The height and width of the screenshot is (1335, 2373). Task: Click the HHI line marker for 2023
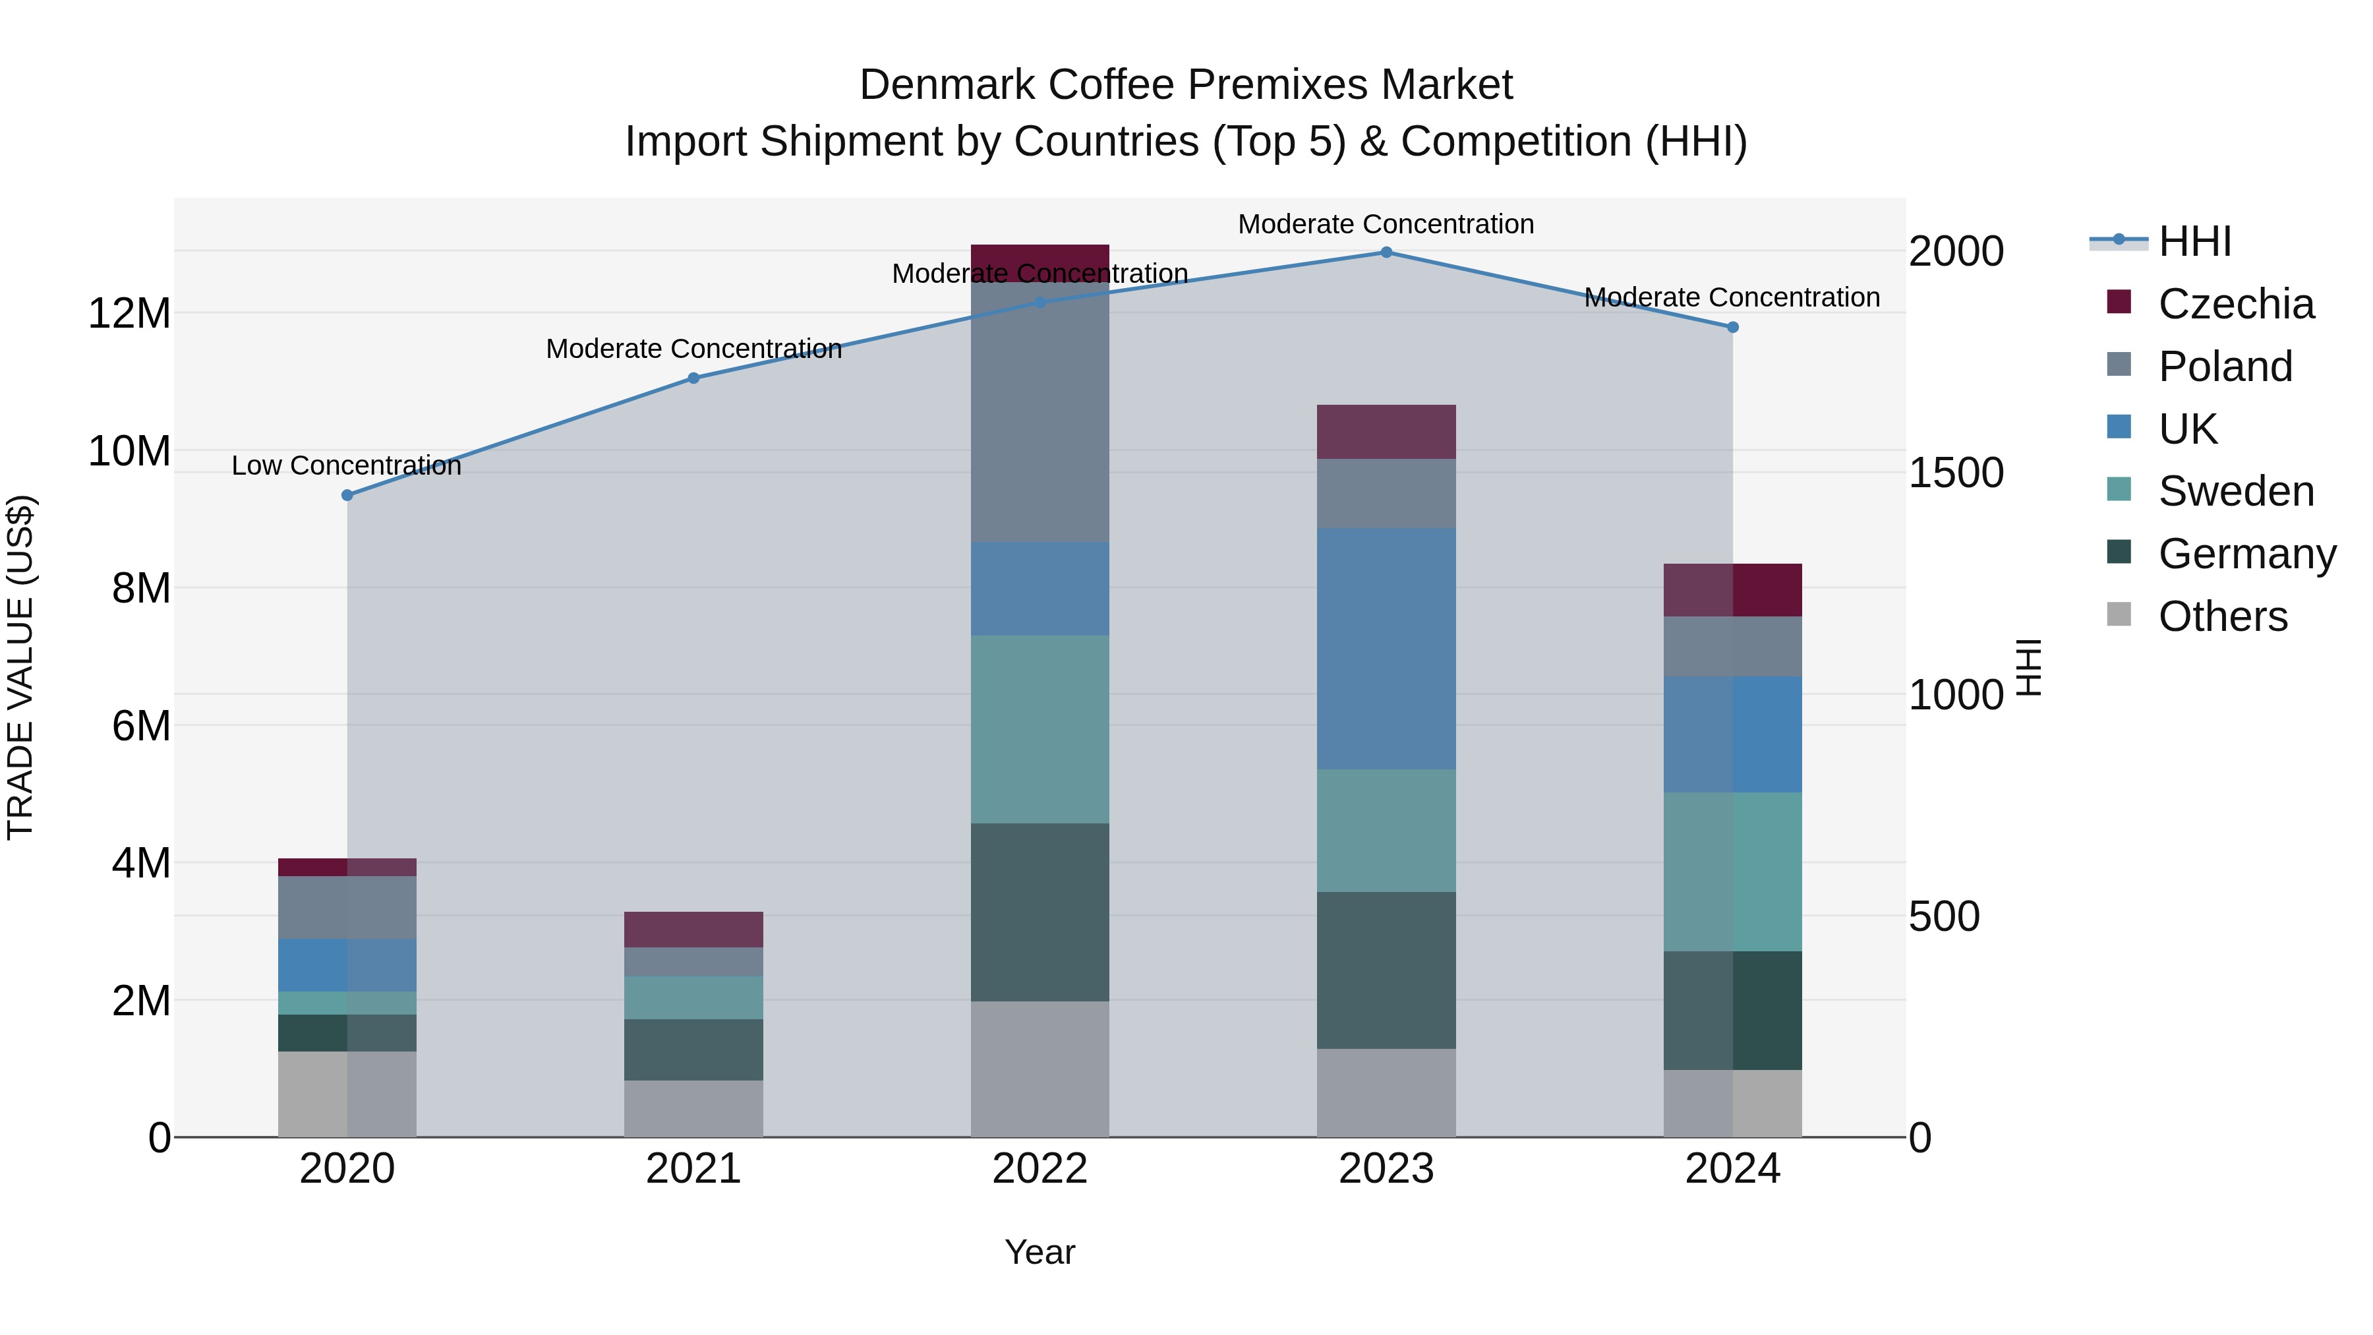point(1386,252)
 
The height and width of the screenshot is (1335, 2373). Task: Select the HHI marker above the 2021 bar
point(693,378)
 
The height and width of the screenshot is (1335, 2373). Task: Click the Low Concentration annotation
point(346,466)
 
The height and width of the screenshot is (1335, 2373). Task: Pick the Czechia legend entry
point(2236,304)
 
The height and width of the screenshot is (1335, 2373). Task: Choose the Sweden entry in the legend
point(2236,491)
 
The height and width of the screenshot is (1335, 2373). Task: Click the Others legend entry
point(2223,616)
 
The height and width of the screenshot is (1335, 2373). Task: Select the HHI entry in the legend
point(2195,241)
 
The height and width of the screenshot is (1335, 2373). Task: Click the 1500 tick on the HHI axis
point(1956,473)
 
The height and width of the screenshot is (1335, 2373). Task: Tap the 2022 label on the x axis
point(1040,1169)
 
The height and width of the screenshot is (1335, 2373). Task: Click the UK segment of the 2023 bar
point(1386,649)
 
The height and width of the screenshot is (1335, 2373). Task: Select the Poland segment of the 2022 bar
point(1040,412)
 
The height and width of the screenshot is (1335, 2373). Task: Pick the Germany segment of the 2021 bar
point(693,1050)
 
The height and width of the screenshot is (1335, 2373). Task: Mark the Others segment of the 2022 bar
point(1040,1069)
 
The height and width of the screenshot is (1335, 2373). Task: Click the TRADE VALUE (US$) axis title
point(21,667)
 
